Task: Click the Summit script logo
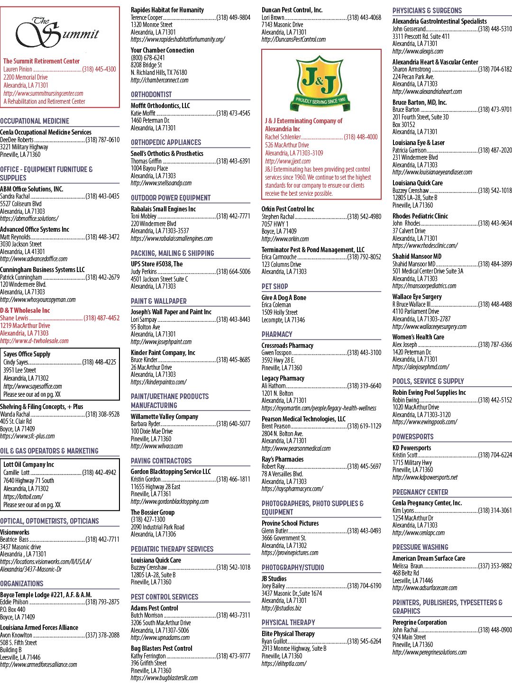[57, 32]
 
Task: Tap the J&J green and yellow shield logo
[320, 83]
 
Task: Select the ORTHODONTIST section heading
[151, 94]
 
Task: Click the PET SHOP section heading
[274, 286]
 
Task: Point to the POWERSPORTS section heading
[413, 437]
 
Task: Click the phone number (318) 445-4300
[99, 69]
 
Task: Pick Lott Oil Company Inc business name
[28, 464]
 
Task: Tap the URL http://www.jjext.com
[288, 161]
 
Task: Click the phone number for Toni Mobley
[233, 216]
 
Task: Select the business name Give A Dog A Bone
[284, 298]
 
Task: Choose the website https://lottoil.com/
[23, 497]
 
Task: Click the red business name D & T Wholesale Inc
[25, 310]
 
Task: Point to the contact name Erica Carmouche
[279, 257]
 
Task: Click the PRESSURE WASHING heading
[420, 547]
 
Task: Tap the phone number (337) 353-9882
[495, 566]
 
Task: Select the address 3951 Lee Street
[19, 370]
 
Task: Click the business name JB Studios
[274, 578]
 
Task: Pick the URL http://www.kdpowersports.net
[425, 477]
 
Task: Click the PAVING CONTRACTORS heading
[161, 461]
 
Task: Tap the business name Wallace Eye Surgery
[417, 297]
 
